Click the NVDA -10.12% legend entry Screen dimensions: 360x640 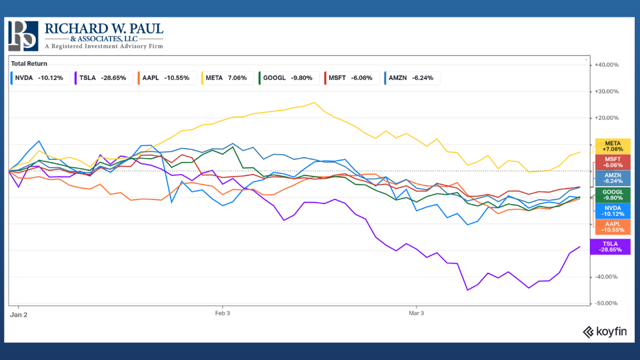[39, 78]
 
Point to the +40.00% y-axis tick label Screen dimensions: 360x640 [606, 65]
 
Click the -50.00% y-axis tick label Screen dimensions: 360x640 [606, 303]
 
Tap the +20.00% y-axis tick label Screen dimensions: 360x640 [606, 118]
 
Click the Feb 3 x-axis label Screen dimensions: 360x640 [222, 312]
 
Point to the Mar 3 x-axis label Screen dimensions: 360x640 [416, 312]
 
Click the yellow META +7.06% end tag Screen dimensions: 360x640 [613, 147]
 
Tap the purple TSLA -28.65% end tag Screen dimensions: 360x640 [611, 247]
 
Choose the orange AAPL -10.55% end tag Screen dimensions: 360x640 [613, 227]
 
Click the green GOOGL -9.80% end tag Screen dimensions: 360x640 [613, 195]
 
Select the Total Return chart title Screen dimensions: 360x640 [27, 63]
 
